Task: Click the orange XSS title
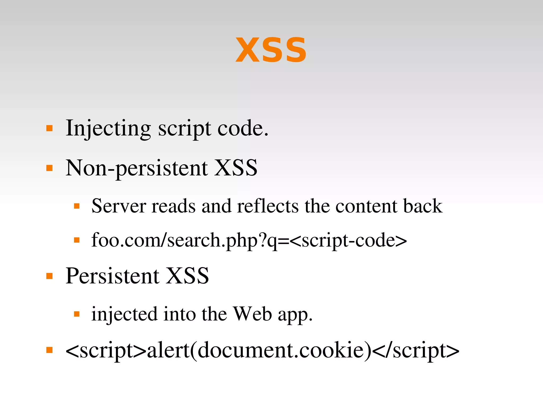coord(271,50)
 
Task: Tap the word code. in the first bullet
coord(243,129)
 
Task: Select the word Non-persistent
coord(137,168)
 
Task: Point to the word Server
coord(119,206)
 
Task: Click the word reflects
coord(268,206)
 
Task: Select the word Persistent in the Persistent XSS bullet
coord(112,276)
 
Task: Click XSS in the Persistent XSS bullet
coord(188,276)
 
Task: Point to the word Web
coord(252,314)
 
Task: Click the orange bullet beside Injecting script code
coord(49,129)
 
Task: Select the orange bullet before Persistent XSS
coord(49,276)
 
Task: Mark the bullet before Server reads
coord(77,206)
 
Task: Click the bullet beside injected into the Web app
coord(77,314)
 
